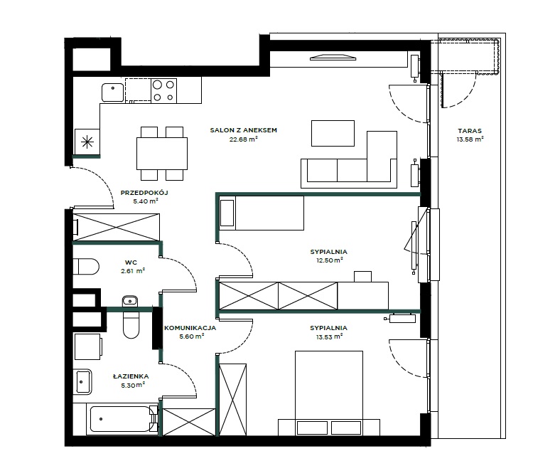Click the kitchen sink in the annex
pyautogui.click(x=113, y=92)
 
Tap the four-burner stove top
pyautogui.click(x=163, y=91)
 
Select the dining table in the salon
pyautogui.click(x=162, y=154)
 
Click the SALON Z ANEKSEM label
pyautogui.click(x=244, y=130)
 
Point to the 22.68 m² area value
pyautogui.click(x=244, y=139)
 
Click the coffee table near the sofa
pyautogui.click(x=333, y=133)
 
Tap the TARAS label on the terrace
pyautogui.click(x=470, y=131)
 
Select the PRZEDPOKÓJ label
pyautogui.click(x=144, y=193)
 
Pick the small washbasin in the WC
pyautogui.click(x=129, y=301)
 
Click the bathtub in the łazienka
pyautogui.click(x=122, y=419)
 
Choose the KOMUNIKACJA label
pyautogui.click(x=190, y=327)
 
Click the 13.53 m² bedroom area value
pyautogui.click(x=329, y=337)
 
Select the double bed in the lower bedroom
pyautogui.click(x=329, y=393)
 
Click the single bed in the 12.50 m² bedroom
pyautogui.click(x=262, y=213)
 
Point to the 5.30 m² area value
pyautogui.click(x=133, y=385)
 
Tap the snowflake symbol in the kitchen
pyautogui.click(x=87, y=142)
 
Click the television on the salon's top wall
pyautogui.click(x=333, y=57)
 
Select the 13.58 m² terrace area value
pyautogui.click(x=470, y=139)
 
